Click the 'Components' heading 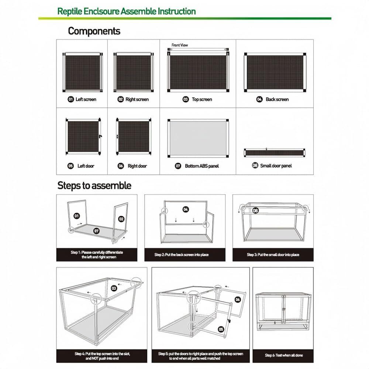pos(94,31)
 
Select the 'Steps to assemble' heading pos(94,185)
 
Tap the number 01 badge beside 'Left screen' pos(70,99)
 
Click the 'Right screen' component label pos(137,99)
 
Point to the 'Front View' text pos(180,45)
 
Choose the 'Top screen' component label pos(202,99)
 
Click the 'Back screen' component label pos(277,99)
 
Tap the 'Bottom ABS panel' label pos(202,166)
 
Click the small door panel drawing pos(275,152)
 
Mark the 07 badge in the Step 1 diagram pos(96,231)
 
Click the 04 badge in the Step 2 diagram pos(186,209)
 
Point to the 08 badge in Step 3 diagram pos(255,211)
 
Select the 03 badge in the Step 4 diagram pos(114,288)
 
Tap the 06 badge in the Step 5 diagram pos(238,300)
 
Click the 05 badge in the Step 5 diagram pos(221,329)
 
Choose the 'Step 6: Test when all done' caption pos(284,355)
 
